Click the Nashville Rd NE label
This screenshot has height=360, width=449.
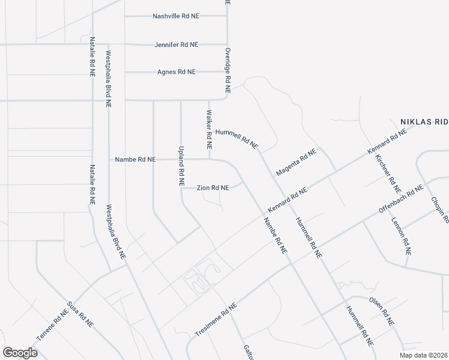click(175, 16)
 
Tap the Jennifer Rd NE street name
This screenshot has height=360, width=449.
click(176, 44)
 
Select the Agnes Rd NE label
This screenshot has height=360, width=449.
click(176, 71)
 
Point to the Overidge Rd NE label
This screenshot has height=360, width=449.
click(228, 70)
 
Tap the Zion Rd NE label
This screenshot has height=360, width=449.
click(213, 188)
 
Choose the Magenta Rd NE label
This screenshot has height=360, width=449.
click(296, 162)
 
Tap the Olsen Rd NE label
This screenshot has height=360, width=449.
click(381, 312)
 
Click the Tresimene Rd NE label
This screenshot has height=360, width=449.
click(217, 319)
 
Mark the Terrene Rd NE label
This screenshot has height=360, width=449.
click(53, 325)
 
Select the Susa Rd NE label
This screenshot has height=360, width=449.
click(80, 313)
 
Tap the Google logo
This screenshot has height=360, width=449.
click(20, 353)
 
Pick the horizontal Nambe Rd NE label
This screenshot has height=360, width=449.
click(135, 160)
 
